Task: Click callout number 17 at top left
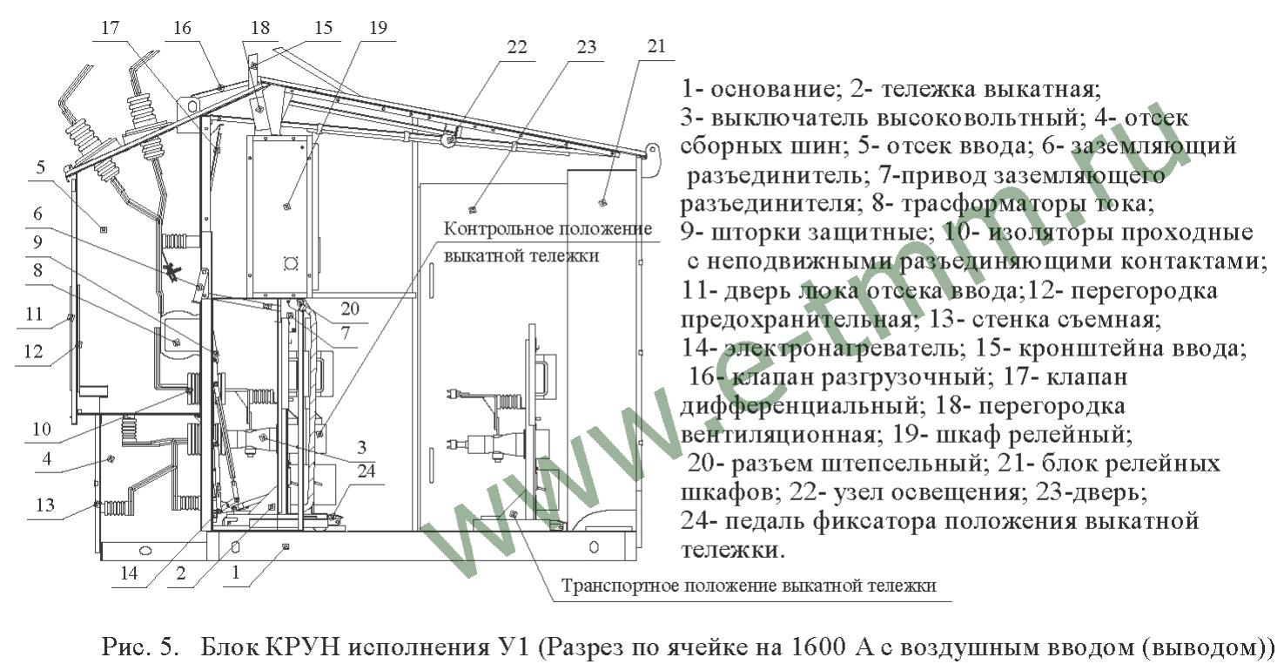coord(110,28)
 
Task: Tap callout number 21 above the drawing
coord(656,46)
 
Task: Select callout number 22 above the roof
coord(517,47)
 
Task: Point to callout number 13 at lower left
coord(45,505)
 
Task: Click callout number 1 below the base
coord(235,573)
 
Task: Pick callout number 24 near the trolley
coord(366,471)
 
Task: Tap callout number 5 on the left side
coord(40,167)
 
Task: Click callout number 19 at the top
coord(379,28)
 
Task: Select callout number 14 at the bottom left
coord(129,573)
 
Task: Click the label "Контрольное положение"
coord(548,229)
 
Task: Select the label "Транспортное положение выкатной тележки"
coord(749,586)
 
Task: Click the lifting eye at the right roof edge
coord(652,152)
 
